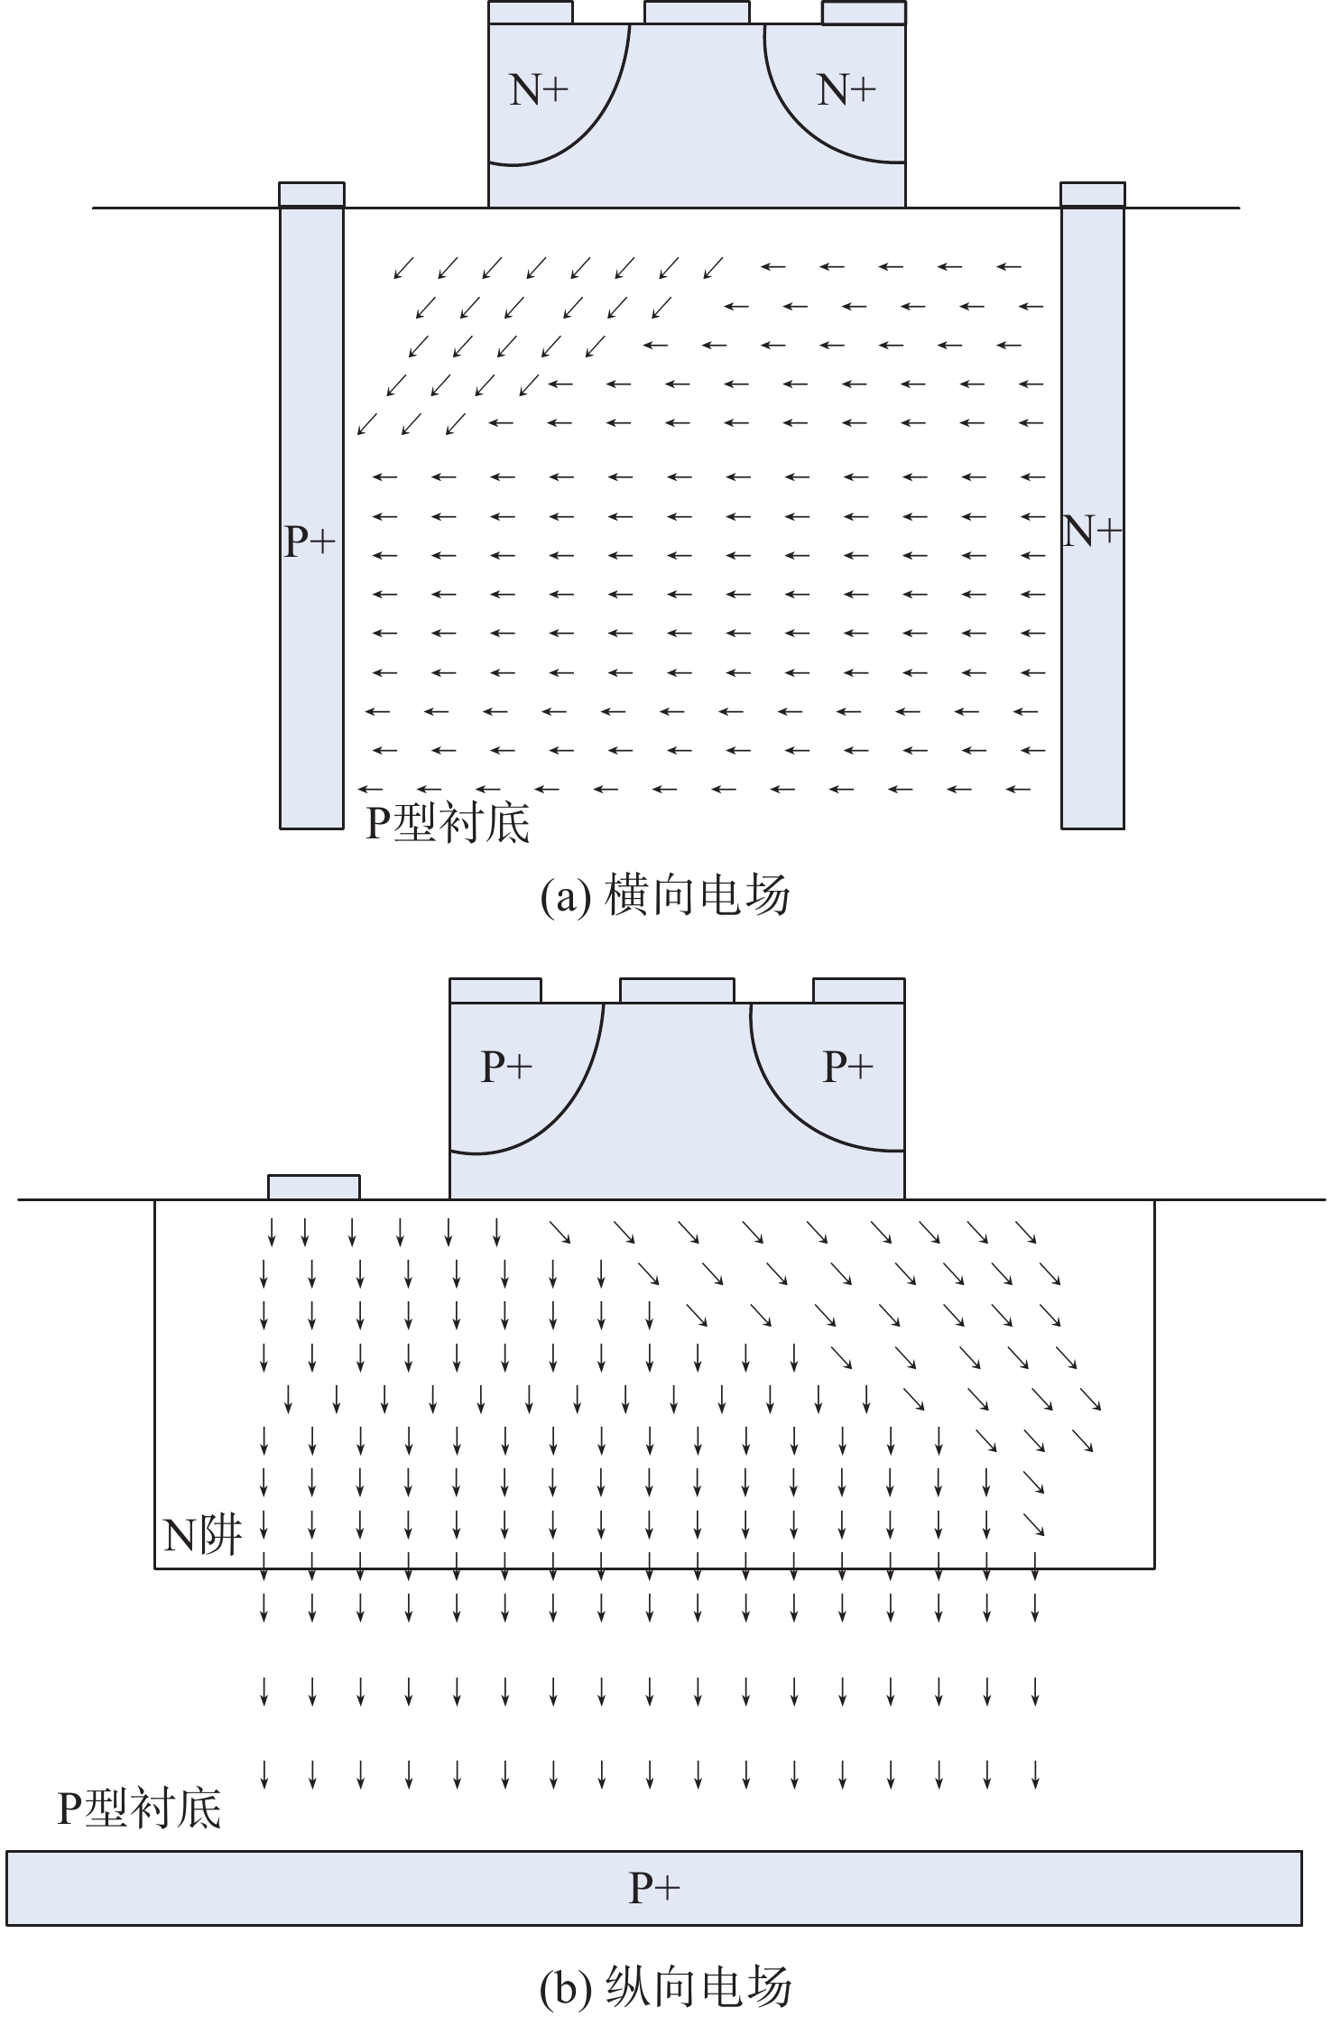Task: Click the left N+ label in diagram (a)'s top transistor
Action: click(x=539, y=90)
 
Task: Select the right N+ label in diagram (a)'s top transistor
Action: click(x=846, y=90)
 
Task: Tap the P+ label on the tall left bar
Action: click(x=310, y=541)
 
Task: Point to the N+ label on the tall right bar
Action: click(x=1092, y=532)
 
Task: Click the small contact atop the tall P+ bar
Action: click(x=311, y=194)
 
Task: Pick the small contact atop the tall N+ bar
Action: click(x=1092, y=194)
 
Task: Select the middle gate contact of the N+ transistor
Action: click(x=696, y=12)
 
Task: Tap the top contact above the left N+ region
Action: click(x=530, y=12)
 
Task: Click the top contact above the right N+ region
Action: click(x=864, y=12)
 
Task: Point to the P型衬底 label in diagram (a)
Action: click(x=448, y=823)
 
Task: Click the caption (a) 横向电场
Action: click(x=665, y=896)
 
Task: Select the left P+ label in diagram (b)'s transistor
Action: click(x=506, y=1067)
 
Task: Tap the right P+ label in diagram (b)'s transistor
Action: click(x=848, y=1067)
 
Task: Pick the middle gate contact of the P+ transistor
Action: click(x=677, y=990)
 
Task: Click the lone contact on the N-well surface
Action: click(x=314, y=1187)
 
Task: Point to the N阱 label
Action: click(x=202, y=1534)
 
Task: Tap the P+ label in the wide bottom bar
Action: click(x=654, y=1887)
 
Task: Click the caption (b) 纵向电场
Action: click(x=665, y=1986)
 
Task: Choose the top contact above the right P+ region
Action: click(x=858, y=990)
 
